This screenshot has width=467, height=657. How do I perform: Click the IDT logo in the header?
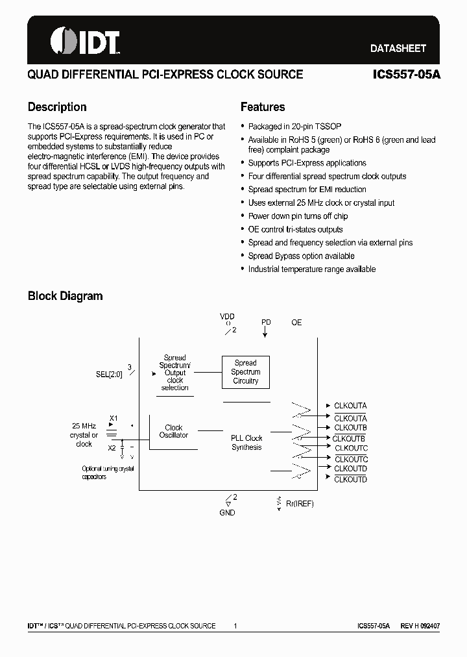(85, 42)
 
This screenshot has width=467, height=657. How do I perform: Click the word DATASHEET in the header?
(398, 48)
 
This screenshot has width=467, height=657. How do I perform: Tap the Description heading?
(57, 107)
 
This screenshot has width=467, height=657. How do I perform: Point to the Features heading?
(263, 107)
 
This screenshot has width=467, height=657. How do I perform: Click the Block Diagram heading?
(65, 296)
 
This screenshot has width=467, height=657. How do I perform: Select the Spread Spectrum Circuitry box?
(245, 373)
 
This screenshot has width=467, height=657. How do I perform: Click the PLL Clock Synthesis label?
(246, 443)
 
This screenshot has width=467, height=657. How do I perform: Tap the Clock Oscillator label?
(174, 432)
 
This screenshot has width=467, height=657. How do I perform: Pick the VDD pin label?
(227, 316)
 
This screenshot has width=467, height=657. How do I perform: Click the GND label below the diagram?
(227, 513)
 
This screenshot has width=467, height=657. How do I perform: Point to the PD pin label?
(266, 322)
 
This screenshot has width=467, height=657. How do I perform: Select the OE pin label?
(296, 322)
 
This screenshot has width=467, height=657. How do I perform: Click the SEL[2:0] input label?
(109, 375)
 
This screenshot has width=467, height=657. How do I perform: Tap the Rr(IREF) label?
(300, 504)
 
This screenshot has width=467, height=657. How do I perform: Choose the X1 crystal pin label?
(114, 417)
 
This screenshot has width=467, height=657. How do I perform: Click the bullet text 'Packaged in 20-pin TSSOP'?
(294, 127)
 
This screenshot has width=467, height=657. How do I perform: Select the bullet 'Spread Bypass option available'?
(301, 256)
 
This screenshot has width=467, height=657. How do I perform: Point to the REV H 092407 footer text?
(420, 626)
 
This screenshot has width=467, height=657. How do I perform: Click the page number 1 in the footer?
(235, 626)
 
